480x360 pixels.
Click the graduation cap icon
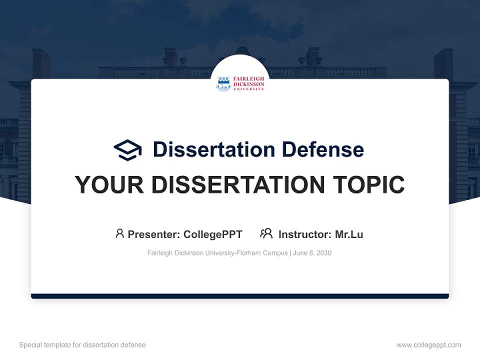click(127, 150)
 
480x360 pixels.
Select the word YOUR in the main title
click(109, 185)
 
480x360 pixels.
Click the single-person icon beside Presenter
click(119, 233)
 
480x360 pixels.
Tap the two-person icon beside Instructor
click(266, 233)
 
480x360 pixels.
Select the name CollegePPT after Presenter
click(212, 234)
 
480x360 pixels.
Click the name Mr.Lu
click(349, 234)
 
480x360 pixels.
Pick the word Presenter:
click(154, 234)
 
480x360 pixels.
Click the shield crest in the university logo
click(223, 83)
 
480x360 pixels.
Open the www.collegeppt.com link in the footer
click(428, 345)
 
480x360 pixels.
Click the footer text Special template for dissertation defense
click(82, 345)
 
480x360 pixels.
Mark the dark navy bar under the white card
click(240, 296)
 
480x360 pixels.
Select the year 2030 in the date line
click(323, 253)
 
